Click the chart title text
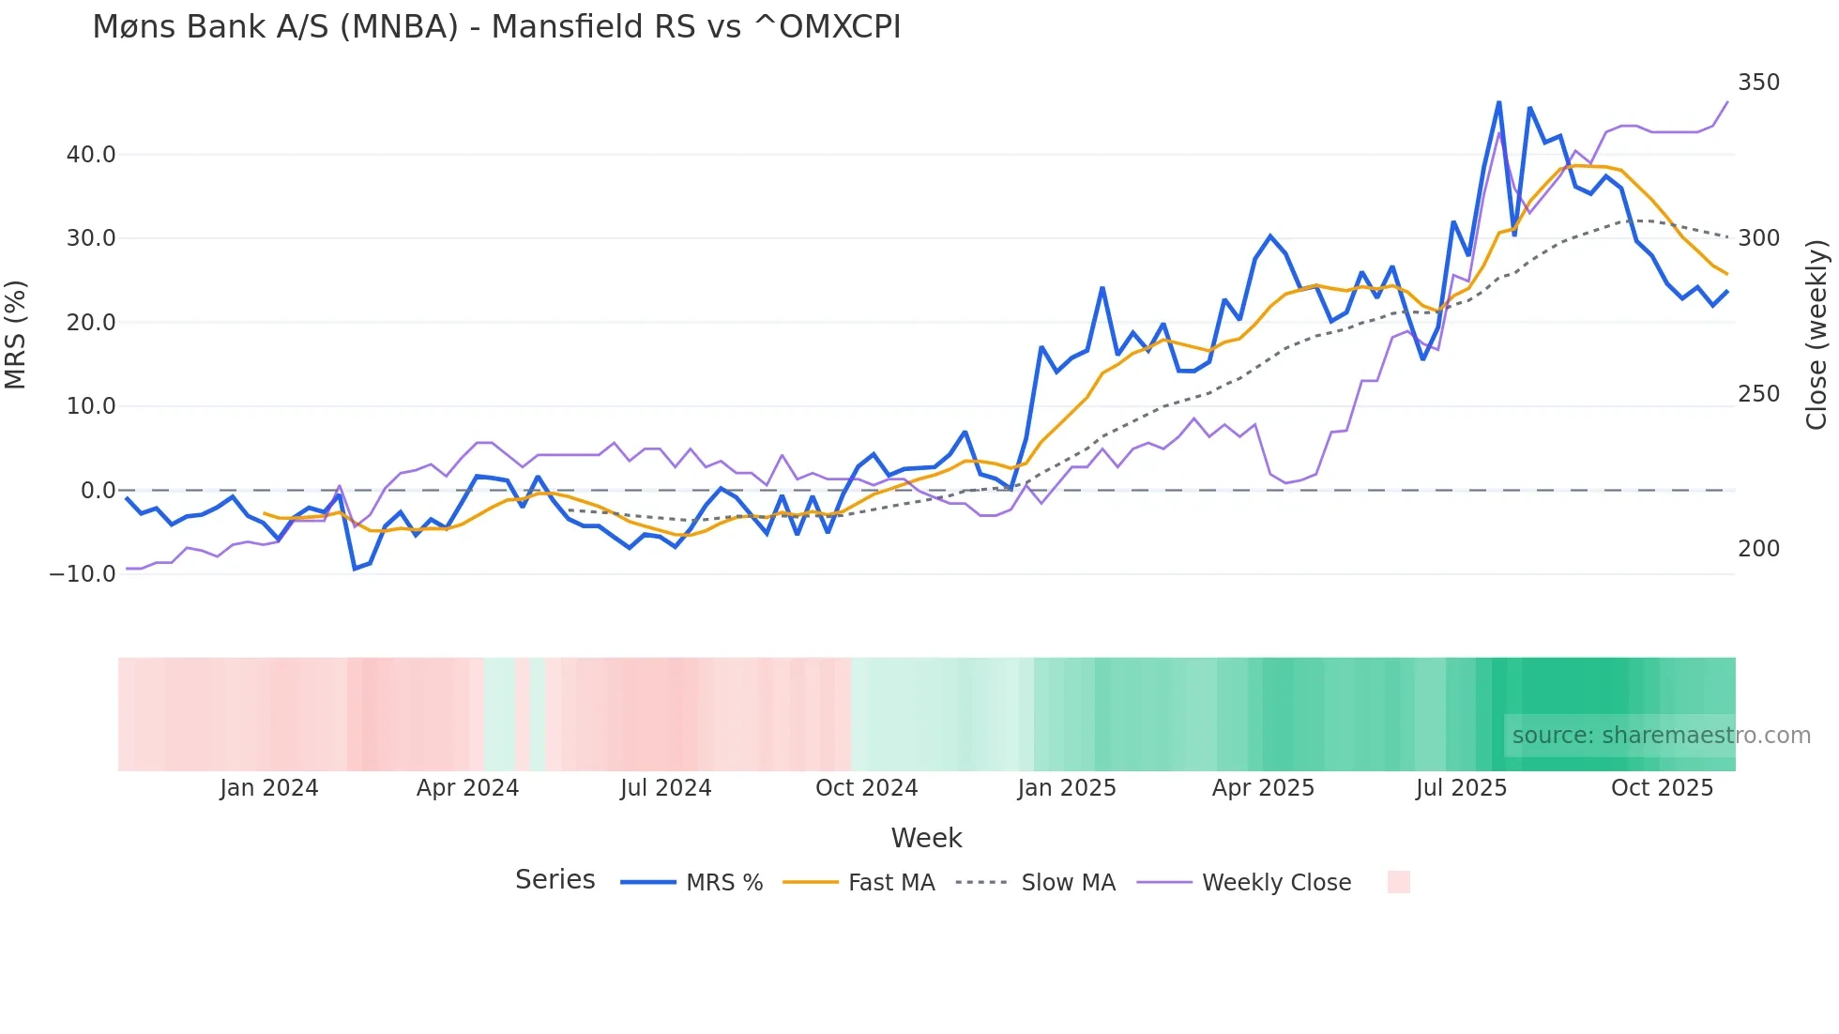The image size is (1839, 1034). (x=496, y=27)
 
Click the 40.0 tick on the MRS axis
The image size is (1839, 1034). (x=91, y=155)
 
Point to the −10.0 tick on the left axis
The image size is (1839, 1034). (x=83, y=574)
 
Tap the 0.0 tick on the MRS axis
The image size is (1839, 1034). (x=98, y=491)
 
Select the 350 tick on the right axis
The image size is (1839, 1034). (x=1758, y=83)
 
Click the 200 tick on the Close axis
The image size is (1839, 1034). (x=1758, y=549)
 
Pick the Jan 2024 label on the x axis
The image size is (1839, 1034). (x=269, y=788)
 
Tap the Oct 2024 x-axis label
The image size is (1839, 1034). (x=866, y=788)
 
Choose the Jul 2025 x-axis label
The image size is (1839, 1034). (x=1461, y=788)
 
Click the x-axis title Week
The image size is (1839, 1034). (x=926, y=838)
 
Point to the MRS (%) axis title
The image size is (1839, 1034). (x=16, y=335)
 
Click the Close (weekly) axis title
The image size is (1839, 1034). (x=1816, y=335)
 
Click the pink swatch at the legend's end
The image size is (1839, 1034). (x=1398, y=882)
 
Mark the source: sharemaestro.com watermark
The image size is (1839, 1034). (x=1661, y=736)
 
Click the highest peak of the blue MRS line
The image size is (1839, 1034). (x=1498, y=102)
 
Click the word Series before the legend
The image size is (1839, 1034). (x=555, y=880)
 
